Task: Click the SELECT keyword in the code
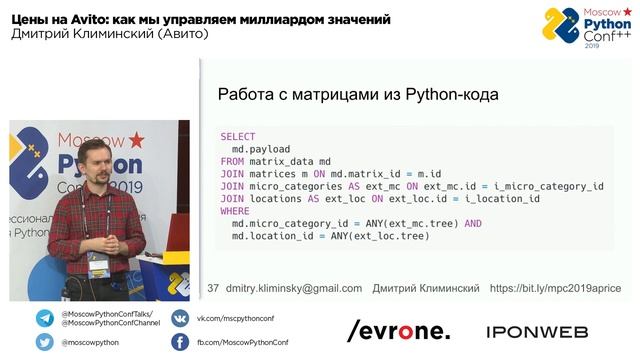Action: click(x=237, y=136)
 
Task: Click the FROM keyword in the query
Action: click(x=231, y=161)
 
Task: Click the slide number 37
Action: click(x=212, y=288)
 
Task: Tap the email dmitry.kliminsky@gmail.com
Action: click(x=294, y=288)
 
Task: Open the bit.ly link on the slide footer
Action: click(x=554, y=288)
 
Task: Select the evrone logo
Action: click(x=398, y=331)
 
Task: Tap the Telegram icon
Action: click(x=45, y=319)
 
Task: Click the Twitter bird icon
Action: click(x=45, y=342)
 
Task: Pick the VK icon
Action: click(x=180, y=319)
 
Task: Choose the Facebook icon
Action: click(x=180, y=342)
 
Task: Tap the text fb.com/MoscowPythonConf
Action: click(x=236, y=342)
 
